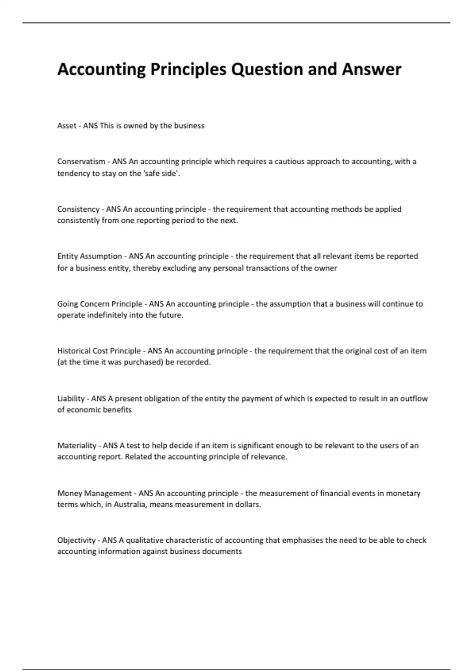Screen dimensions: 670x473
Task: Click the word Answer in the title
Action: pos(371,69)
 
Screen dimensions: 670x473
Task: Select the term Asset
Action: pos(67,126)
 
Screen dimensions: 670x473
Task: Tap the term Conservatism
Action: pos(81,162)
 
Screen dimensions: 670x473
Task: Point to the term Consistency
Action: pos(78,209)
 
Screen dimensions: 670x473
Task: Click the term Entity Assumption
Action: pos(89,256)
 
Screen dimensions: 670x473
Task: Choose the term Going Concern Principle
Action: pos(100,304)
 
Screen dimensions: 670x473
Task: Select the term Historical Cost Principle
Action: pos(99,351)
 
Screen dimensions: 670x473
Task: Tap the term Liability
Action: pos(71,398)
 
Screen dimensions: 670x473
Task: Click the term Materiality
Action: pos(77,446)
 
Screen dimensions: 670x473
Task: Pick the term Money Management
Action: pos(95,493)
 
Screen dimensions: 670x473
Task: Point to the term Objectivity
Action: pos(76,540)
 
